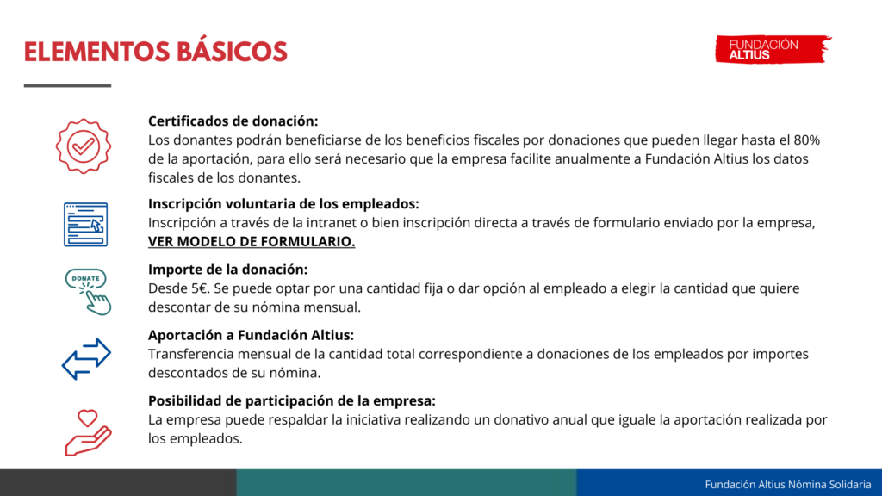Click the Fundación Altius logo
coord(773,49)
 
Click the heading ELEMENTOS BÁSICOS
coord(155,52)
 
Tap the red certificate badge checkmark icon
coord(84,146)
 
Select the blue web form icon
coord(85,225)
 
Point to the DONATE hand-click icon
coord(88,291)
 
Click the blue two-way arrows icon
coord(86,359)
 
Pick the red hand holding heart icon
coord(88,432)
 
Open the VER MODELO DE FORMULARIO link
coord(252,241)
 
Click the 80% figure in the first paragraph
coord(806,140)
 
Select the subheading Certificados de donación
coord(233,121)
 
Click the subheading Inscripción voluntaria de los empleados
coord(283,203)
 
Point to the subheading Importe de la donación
coord(227,270)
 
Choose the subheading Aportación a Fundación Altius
coord(251,335)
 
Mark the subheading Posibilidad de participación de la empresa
coord(292,401)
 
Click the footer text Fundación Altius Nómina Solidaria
coord(788,484)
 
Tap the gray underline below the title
coord(67,85)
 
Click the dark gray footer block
coord(118,482)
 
